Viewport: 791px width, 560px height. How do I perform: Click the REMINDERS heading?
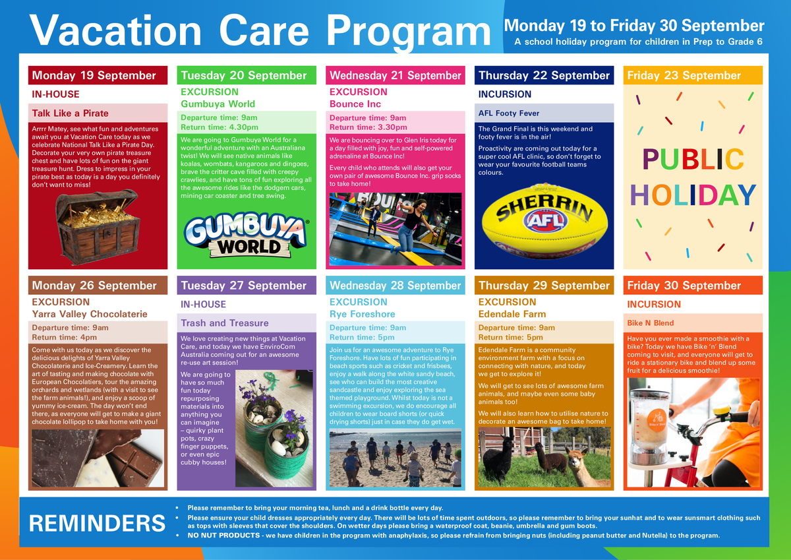97,523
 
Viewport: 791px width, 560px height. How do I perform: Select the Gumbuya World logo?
246,234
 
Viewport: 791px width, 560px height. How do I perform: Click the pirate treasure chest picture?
98,227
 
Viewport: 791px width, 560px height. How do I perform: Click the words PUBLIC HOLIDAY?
693,177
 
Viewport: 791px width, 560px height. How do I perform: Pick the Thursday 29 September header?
544,285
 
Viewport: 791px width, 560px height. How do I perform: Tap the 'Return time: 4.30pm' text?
220,127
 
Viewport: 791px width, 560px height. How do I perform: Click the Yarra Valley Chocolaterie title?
90,314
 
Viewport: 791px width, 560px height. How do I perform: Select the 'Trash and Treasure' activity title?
225,323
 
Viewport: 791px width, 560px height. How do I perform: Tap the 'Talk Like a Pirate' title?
71,113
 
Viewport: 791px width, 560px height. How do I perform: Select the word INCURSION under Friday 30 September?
654,304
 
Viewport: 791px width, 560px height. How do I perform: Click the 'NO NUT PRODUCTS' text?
223,536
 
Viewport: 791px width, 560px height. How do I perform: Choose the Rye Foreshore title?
362,314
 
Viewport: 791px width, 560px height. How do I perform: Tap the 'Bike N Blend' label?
650,323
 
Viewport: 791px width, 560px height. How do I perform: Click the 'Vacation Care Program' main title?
260,31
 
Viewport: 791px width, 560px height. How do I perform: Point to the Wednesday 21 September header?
395,75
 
